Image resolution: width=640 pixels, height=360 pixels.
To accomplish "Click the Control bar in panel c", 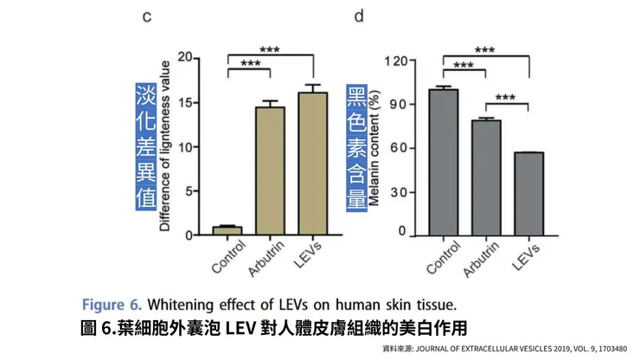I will (227, 230).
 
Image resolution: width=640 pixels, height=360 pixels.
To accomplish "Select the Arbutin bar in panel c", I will (270, 170).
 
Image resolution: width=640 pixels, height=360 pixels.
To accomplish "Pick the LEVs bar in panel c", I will (312, 164).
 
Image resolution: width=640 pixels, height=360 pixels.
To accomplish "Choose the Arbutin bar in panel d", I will (485, 177).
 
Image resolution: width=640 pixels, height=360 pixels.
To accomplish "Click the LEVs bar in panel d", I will (528, 193).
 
